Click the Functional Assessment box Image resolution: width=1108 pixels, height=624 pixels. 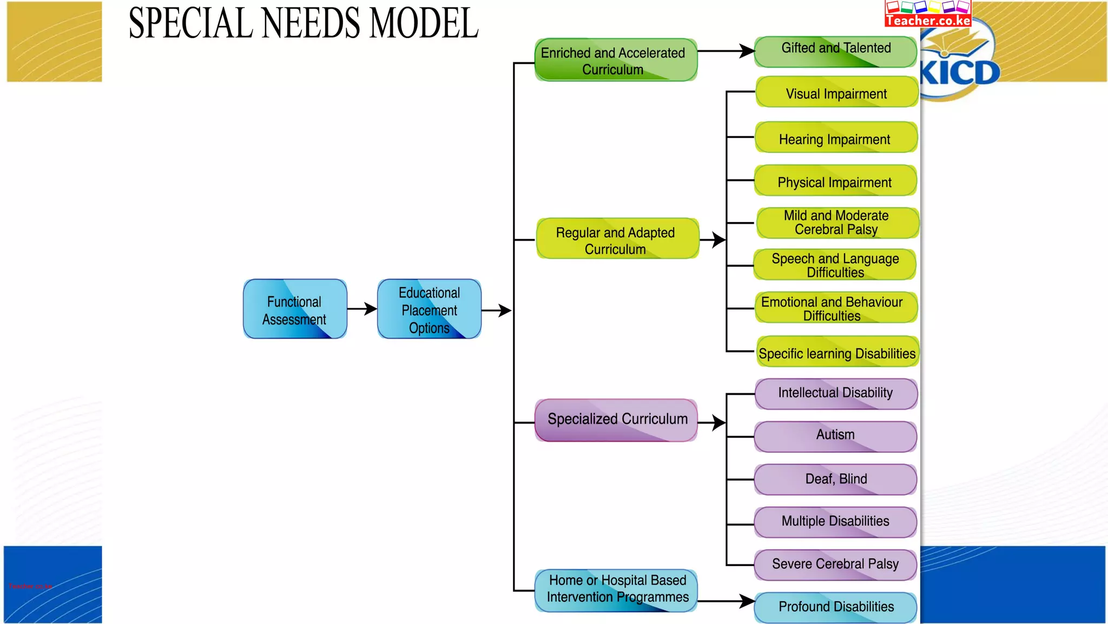point(295,309)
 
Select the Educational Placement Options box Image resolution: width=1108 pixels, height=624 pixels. point(429,309)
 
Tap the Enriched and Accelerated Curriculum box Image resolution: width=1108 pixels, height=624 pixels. point(616,60)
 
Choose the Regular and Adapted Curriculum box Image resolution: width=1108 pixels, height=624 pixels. point(617,239)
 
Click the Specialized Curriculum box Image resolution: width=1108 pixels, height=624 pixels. point(616,420)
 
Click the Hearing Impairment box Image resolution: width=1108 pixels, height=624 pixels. point(835,138)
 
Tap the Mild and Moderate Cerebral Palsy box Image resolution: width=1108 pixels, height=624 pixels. point(837,223)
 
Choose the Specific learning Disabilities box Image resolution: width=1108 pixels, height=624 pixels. point(837,352)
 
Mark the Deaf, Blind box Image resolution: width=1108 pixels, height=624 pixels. point(835,479)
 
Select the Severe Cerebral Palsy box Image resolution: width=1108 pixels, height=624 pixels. point(835,565)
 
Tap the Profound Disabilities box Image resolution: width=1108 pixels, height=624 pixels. point(835,607)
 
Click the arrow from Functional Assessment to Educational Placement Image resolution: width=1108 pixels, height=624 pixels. point(362,309)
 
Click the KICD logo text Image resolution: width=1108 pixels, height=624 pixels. point(960,74)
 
